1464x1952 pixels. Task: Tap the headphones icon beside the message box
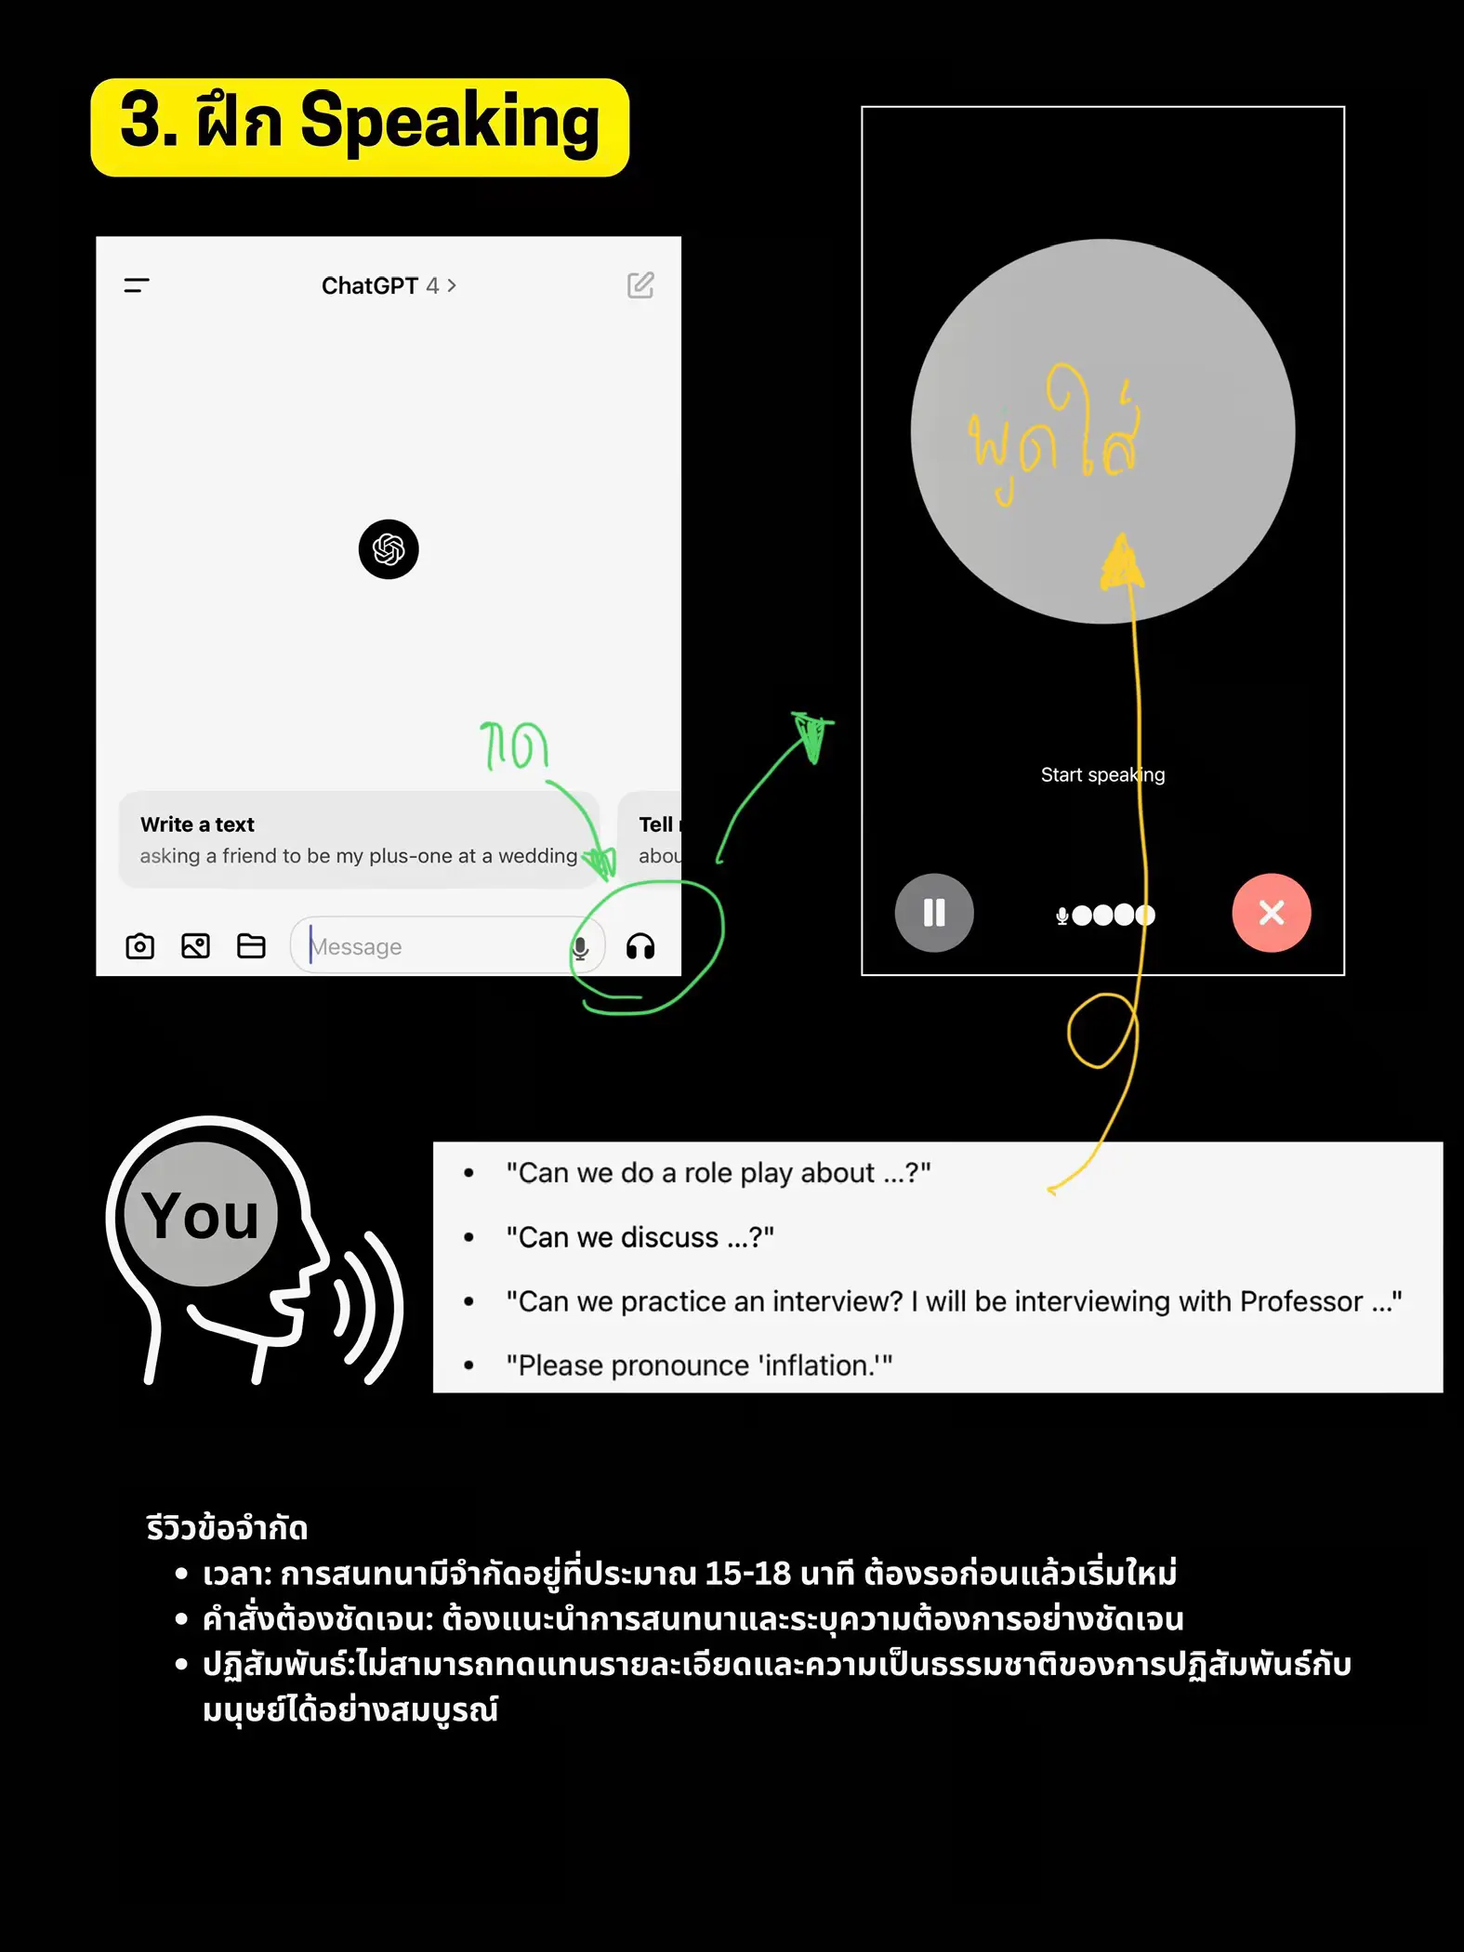[x=640, y=946]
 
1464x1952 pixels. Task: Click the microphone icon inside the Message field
[x=580, y=947]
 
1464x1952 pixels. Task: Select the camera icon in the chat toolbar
[x=139, y=946]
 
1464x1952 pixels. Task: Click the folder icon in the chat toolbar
[x=251, y=946]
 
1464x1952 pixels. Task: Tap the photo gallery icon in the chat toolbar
[x=195, y=946]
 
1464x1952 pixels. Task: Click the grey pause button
[x=934, y=913]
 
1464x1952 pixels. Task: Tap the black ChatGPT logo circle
[x=389, y=549]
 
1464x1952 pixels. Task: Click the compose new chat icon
[x=640, y=285]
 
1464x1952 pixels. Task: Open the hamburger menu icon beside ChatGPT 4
[x=137, y=285]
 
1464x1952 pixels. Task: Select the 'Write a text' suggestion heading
[x=197, y=824]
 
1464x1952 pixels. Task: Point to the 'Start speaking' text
[x=1102, y=775]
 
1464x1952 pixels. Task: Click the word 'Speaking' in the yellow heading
[x=450, y=122]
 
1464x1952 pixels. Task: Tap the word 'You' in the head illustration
[x=201, y=1216]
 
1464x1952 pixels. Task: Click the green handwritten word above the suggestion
[x=514, y=745]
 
